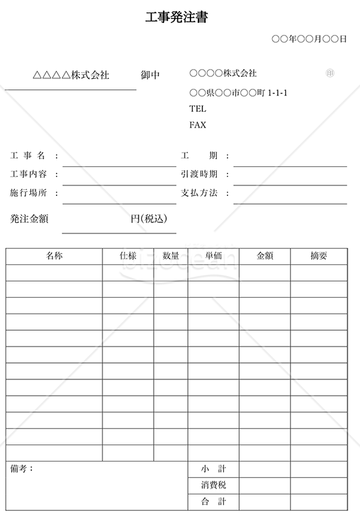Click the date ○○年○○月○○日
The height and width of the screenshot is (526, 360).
click(x=309, y=39)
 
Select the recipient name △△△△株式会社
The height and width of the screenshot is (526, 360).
click(x=71, y=75)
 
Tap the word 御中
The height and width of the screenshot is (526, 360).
click(x=150, y=75)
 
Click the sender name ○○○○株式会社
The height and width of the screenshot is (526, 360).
click(x=223, y=73)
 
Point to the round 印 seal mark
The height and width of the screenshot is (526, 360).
click(x=330, y=73)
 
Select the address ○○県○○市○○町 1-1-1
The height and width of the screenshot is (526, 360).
click(x=238, y=93)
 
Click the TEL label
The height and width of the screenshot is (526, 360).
click(x=197, y=109)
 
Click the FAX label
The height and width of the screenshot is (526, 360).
click(x=197, y=125)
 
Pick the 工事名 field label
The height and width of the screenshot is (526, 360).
click(x=28, y=156)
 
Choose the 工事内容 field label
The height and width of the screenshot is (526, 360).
click(x=28, y=174)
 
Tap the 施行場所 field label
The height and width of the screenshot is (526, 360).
click(x=28, y=193)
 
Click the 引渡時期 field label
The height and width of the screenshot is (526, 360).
click(x=199, y=174)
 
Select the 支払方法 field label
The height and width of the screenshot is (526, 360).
click(x=199, y=193)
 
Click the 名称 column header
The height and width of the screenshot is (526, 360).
click(x=55, y=256)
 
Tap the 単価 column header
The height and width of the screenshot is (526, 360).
click(x=214, y=256)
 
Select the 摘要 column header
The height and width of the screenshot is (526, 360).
click(x=319, y=256)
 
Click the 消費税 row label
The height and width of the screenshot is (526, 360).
click(x=214, y=485)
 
